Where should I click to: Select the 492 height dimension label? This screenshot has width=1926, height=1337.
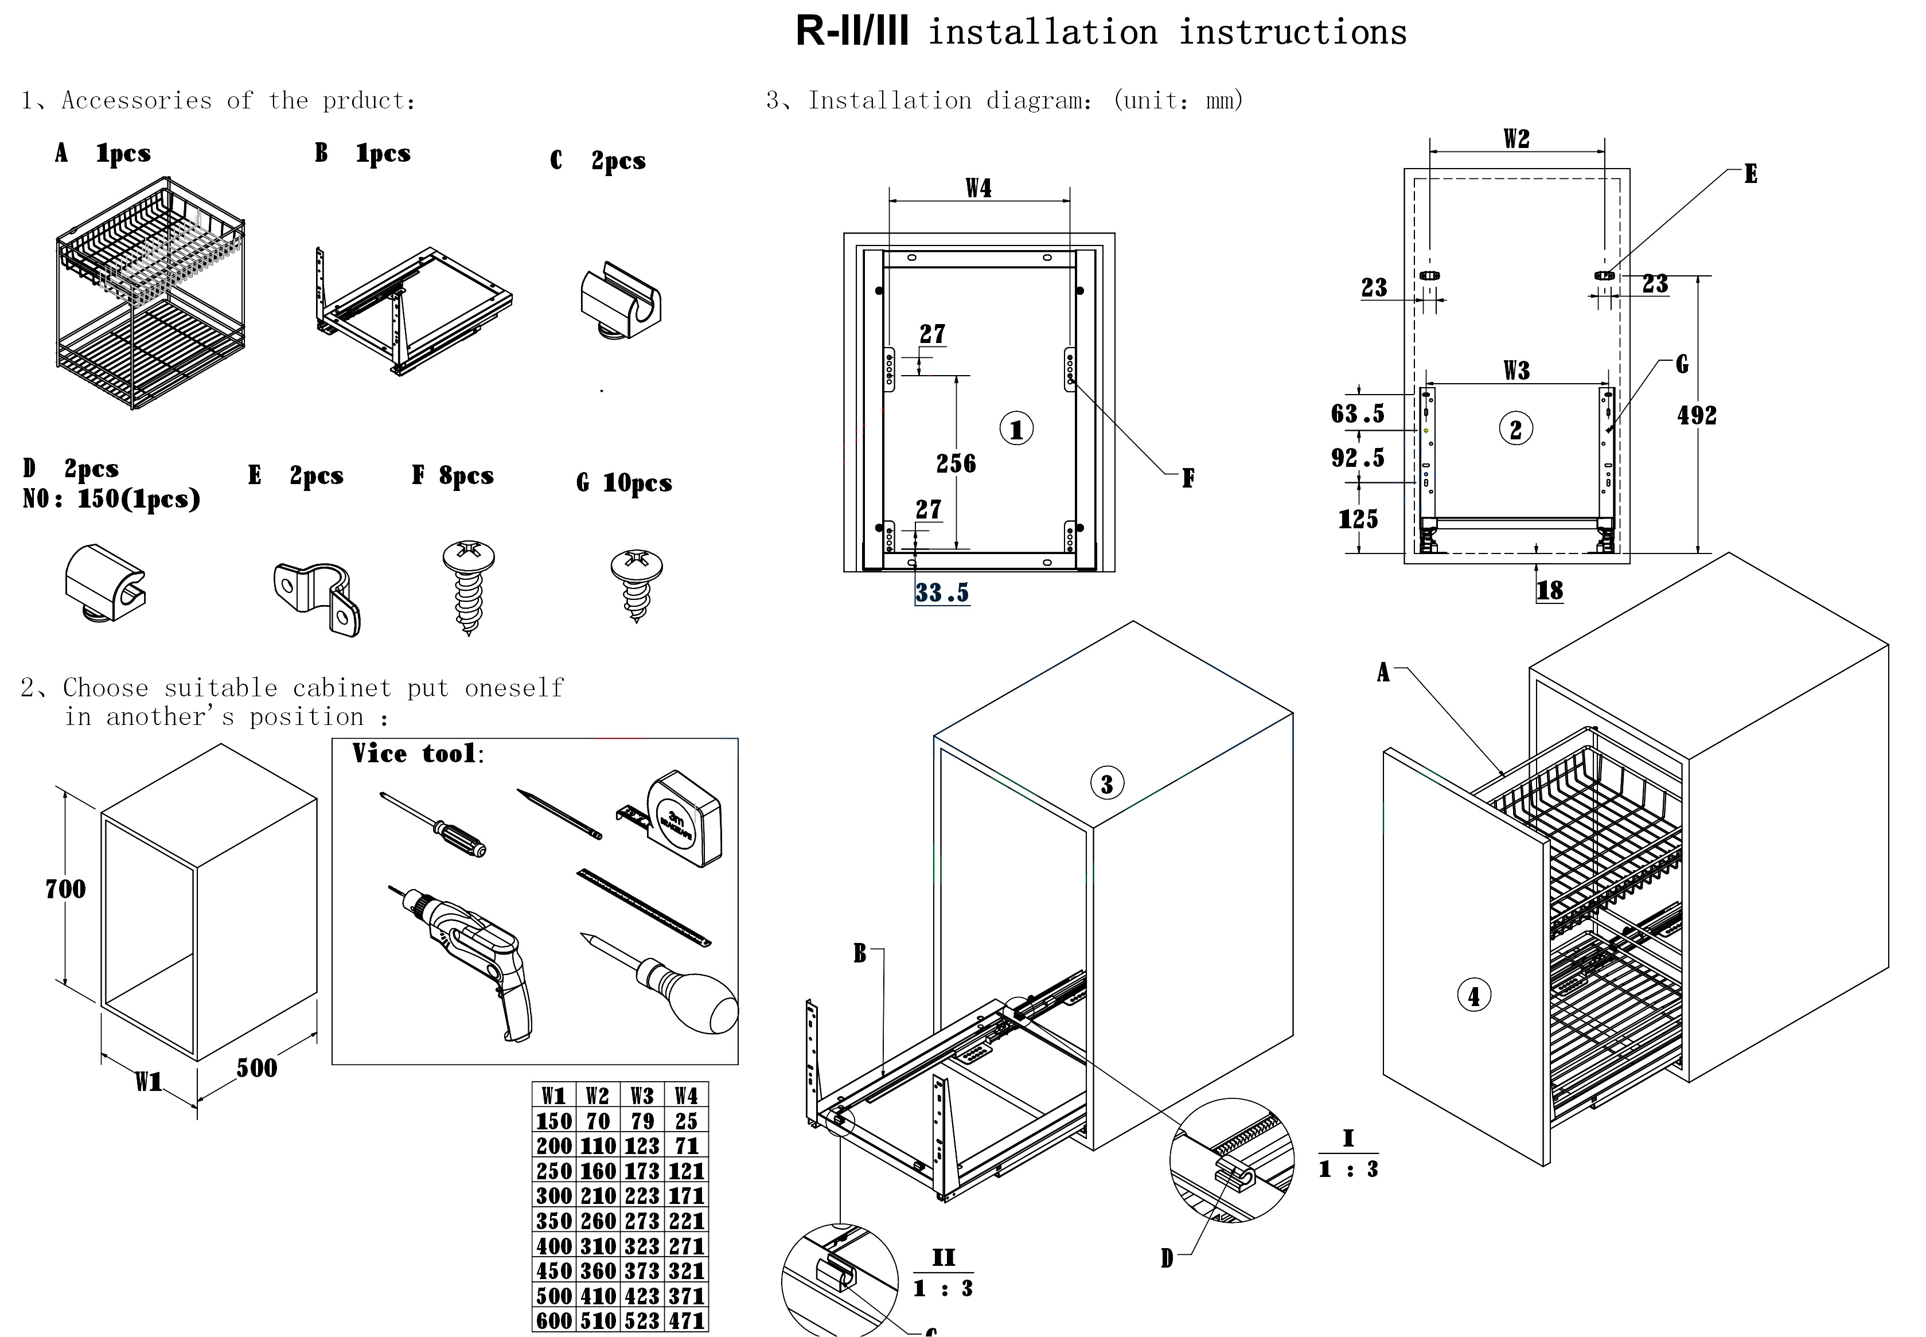tap(1697, 415)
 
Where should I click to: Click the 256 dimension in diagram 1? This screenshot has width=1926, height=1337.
tap(956, 463)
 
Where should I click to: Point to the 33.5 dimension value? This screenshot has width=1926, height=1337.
tap(942, 593)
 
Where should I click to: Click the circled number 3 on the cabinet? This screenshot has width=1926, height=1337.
tap(1106, 784)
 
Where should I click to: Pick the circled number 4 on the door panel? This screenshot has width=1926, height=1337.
tap(1473, 996)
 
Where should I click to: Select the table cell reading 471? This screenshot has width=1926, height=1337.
tap(686, 1321)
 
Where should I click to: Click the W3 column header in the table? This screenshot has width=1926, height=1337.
tap(642, 1096)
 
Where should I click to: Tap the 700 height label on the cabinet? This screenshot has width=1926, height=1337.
tap(65, 889)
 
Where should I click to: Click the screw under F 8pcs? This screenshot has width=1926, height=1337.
tap(468, 586)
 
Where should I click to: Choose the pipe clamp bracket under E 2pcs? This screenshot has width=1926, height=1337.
tap(317, 597)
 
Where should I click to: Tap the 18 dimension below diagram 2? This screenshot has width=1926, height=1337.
tap(1549, 591)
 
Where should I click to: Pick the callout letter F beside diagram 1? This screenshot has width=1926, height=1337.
tap(1187, 478)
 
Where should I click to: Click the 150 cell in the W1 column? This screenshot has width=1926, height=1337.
tap(553, 1121)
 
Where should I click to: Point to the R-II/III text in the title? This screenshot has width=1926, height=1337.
tap(851, 33)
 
